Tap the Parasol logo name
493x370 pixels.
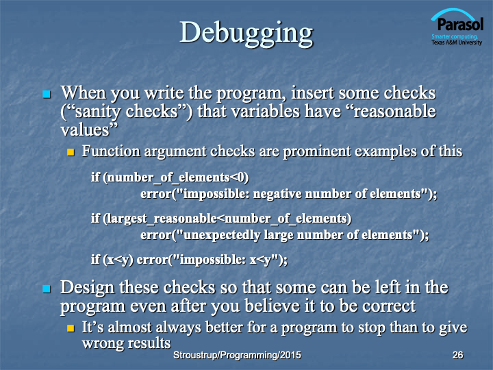[460, 24]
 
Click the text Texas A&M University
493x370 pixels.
[457, 42]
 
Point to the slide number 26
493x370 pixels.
[458, 355]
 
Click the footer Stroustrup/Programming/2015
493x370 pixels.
[237, 355]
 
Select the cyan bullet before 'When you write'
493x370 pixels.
[47, 94]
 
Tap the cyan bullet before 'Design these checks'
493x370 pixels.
[47, 288]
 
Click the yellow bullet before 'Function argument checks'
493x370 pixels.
[71, 153]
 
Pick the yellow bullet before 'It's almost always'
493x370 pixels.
[71, 328]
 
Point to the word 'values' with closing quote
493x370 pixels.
[89, 129]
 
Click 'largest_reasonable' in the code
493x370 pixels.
[162, 219]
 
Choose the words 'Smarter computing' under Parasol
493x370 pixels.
[455, 36]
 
